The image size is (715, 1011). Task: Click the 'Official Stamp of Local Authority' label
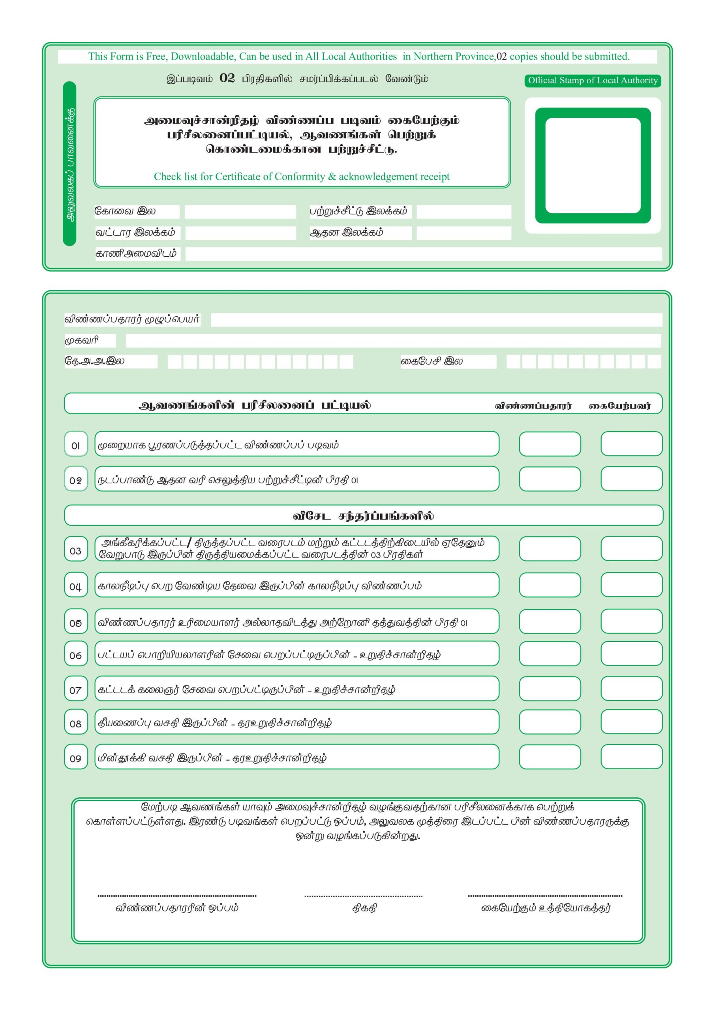click(x=593, y=81)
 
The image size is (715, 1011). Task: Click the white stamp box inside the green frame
click(x=593, y=165)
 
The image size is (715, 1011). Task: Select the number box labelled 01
click(x=76, y=444)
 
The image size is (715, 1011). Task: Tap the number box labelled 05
click(x=76, y=621)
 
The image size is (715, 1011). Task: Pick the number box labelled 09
click(x=76, y=757)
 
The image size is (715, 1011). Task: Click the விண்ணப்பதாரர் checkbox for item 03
click(x=550, y=549)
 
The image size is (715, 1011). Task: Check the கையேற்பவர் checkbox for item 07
click(x=631, y=688)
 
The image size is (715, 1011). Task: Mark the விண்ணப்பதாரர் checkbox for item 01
click(x=550, y=444)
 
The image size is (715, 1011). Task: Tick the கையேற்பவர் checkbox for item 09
click(x=631, y=757)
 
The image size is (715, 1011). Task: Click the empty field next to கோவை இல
click(x=240, y=212)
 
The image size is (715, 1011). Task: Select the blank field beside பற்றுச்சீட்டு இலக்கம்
click(x=464, y=212)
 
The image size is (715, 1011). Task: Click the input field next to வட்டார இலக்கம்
click(x=240, y=233)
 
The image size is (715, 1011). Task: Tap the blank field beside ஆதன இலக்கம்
click(x=464, y=233)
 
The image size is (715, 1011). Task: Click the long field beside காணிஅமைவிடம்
click(x=423, y=254)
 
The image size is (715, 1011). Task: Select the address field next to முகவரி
click(x=393, y=340)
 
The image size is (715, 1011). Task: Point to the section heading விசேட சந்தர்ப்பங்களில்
click(x=363, y=516)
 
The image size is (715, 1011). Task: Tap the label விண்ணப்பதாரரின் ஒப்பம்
click(x=177, y=908)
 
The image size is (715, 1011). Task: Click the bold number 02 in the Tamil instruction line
click(x=227, y=78)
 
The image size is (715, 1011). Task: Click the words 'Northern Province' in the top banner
click(x=454, y=56)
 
